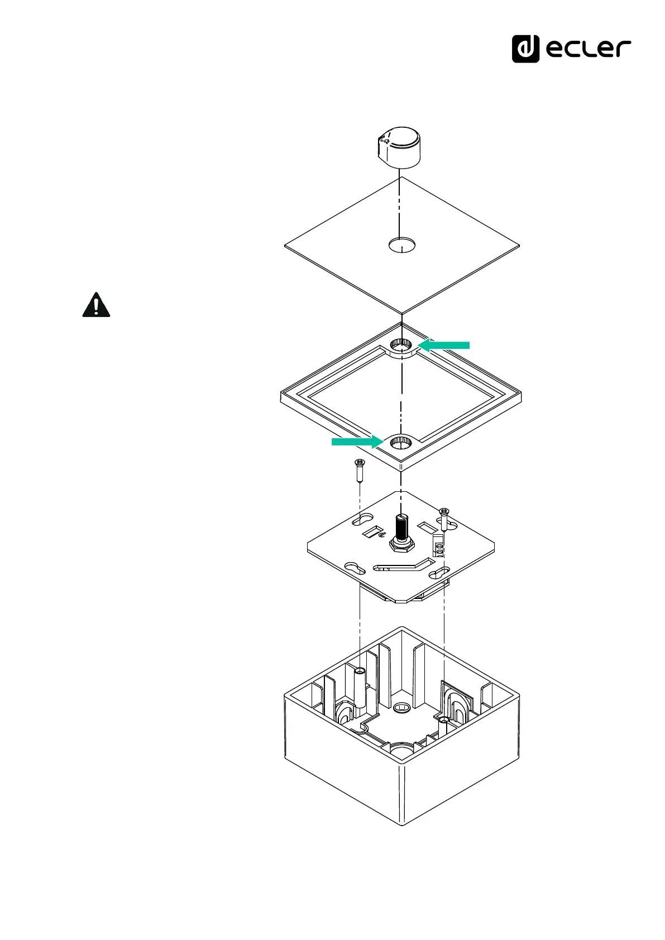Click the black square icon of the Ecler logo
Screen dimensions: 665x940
pyautogui.click(x=525, y=49)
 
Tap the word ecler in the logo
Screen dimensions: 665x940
pyautogui.click(x=588, y=49)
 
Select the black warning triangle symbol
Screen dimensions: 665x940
pyautogui.click(x=96, y=305)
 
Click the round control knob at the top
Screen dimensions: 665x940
pyautogui.click(x=399, y=147)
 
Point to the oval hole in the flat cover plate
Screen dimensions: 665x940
pyautogui.click(x=402, y=244)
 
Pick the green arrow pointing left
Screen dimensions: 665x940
pyautogui.click(x=444, y=346)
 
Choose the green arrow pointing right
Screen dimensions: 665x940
pyautogui.click(x=358, y=442)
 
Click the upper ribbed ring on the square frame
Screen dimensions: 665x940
pyautogui.click(x=401, y=346)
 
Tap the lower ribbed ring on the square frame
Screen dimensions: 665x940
pyautogui.click(x=401, y=442)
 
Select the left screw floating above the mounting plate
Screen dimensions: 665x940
pyautogui.click(x=360, y=471)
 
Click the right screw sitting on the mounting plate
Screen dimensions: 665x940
pyautogui.click(x=444, y=519)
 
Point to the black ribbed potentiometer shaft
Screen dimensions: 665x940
pyautogui.click(x=401, y=527)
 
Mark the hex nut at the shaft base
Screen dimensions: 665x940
pyautogui.click(x=402, y=545)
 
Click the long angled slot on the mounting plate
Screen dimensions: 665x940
pyautogui.click(x=404, y=565)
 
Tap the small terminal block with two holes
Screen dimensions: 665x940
pyautogui.click(x=438, y=545)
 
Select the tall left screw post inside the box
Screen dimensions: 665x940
pyautogui.click(x=360, y=689)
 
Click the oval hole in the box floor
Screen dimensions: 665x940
pyautogui.click(x=401, y=708)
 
